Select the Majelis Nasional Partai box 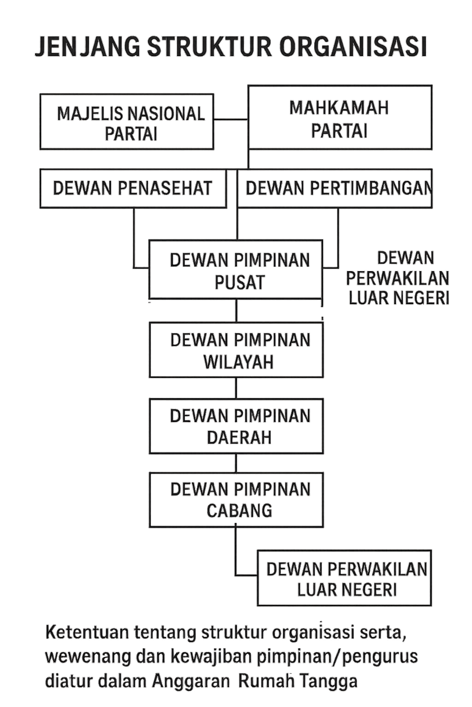pyautogui.click(x=127, y=122)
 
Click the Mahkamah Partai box pyautogui.click(x=340, y=118)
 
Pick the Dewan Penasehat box pyautogui.click(x=133, y=188)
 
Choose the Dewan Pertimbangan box pyautogui.click(x=335, y=188)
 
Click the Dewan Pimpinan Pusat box pyautogui.click(x=236, y=270)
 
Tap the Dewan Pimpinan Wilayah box pyautogui.click(x=236, y=350)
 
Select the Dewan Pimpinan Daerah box pyautogui.click(x=236, y=426)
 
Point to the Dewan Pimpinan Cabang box pyautogui.click(x=236, y=499)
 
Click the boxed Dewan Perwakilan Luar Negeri pyautogui.click(x=345, y=578)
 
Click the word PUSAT pyautogui.click(x=240, y=282)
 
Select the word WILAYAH pyautogui.click(x=239, y=362)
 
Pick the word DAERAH pyautogui.click(x=239, y=437)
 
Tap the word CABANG pyautogui.click(x=239, y=510)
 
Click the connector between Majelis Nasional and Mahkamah pyautogui.click(x=231, y=119)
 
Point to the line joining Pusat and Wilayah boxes pyautogui.click(x=236, y=311)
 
